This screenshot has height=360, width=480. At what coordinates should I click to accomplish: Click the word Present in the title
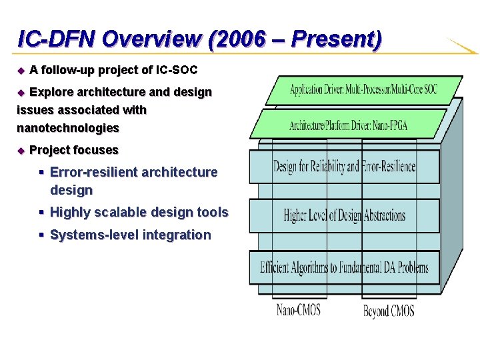pyautogui.click(x=336, y=39)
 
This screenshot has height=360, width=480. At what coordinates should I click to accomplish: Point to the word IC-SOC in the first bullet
pyautogui.click(x=176, y=69)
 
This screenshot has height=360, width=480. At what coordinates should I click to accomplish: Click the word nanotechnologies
pyautogui.click(x=67, y=127)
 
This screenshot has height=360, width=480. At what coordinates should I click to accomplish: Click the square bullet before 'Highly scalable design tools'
pyautogui.click(x=41, y=213)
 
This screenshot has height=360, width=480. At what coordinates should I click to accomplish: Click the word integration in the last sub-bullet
pyautogui.click(x=176, y=235)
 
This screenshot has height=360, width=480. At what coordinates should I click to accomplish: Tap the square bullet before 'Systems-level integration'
pyautogui.click(x=41, y=235)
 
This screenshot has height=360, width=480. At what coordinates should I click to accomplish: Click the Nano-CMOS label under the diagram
pyautogui.click(x=299, y=310)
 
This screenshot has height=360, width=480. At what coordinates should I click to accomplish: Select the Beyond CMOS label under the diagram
pyautogui.click(x=389, y=311)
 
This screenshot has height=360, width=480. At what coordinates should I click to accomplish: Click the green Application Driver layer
pyautogui.click(x=363, y=90)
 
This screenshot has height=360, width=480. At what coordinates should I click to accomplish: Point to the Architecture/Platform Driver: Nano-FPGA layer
pyautogui.click(x=348, y=124)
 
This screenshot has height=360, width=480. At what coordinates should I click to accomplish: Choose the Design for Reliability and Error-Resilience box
pyautogui.click(x=344, y=167)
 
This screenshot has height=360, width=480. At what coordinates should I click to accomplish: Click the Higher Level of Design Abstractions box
pyautogui.click(x=344, y=215)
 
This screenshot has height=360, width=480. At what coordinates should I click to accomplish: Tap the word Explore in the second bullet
pyautogui.click(x=49, y=92)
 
